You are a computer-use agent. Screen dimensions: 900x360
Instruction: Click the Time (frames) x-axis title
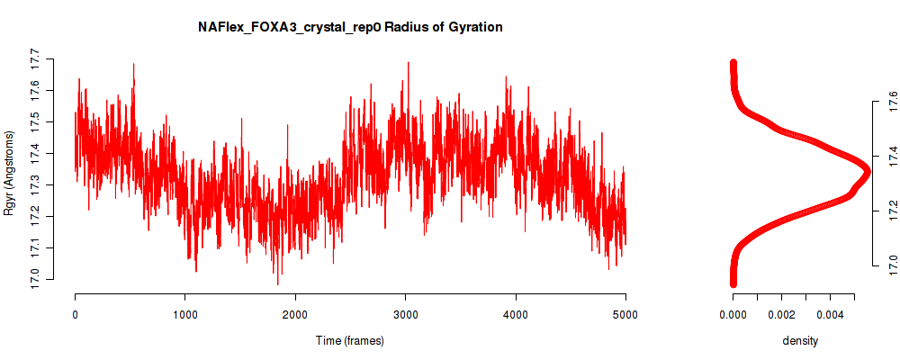tap(350, 340)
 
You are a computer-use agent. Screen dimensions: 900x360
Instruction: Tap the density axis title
tap(800, 340)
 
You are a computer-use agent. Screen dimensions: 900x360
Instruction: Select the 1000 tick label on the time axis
tap(184, 314)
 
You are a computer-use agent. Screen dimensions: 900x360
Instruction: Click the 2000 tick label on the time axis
tap(295, 314)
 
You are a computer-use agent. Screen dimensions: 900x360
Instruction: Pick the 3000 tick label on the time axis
tap(405, 314)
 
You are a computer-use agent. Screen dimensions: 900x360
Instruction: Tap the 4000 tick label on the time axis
tap(516, 314)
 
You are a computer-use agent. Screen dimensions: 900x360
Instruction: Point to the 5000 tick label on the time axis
tap(625, 314)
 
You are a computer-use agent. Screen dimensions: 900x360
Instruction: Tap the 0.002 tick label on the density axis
tap(782, 314)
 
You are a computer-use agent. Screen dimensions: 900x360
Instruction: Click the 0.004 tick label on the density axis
tap(830, 314)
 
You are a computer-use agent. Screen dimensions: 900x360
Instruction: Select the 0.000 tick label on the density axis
tap(733, 314)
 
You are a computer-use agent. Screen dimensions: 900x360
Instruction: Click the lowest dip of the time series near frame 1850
tap(278, 284)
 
